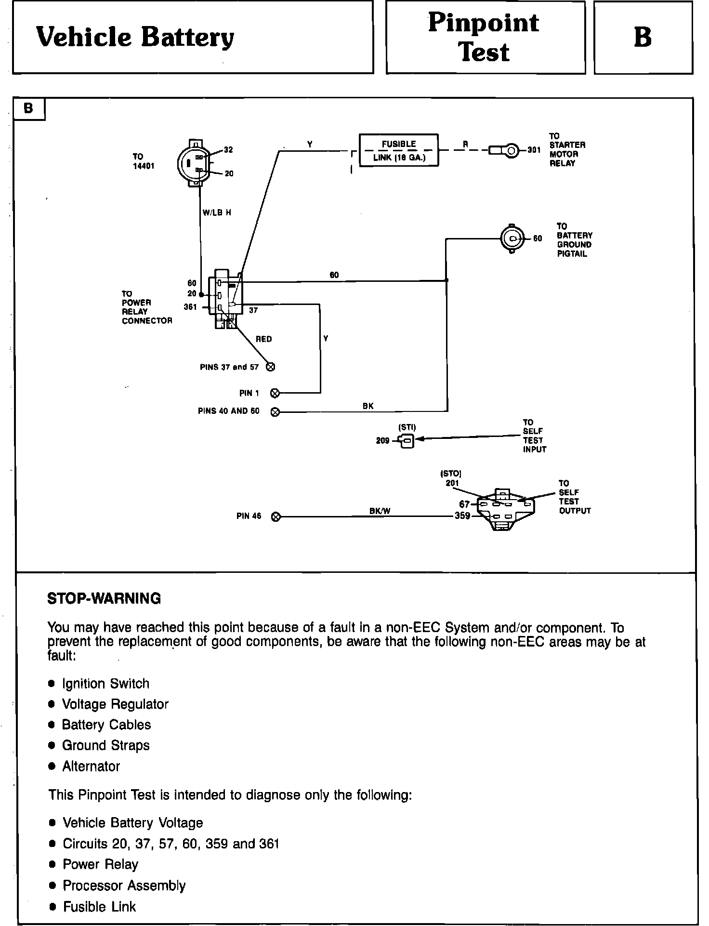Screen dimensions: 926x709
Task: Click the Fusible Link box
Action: tap(399, 150)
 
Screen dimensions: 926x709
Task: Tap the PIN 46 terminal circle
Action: tap(276, 517)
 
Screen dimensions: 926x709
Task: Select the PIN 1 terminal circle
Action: tap(275, 394)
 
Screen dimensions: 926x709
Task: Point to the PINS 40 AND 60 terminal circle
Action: tap(275, 412)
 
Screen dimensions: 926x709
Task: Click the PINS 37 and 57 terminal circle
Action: tap(271, 367)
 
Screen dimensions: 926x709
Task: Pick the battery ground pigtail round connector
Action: tap(512, 238)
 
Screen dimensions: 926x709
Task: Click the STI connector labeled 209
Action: tap(407, 440)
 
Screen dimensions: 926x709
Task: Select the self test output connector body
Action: tap(504, 510)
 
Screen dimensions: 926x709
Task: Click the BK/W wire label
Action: tap(380, 511)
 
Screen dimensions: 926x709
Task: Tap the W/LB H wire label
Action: tap(217, 212)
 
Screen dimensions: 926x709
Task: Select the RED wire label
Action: tap(263, 339)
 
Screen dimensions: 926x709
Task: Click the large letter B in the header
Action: tap(643, 37)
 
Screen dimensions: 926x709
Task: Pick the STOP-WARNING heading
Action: tap(104, 598)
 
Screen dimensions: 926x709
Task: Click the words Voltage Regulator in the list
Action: tap(115, 704)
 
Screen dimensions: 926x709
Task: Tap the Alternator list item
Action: tap(91, 766)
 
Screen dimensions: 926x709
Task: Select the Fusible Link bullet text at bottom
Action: tap(99, 906)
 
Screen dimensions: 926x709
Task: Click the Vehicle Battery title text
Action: tap(135, 37)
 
